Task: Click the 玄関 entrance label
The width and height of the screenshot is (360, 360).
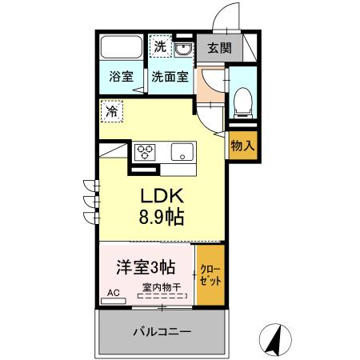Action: pos(219,48)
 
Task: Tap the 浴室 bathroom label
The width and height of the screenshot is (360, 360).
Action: pos(121,78)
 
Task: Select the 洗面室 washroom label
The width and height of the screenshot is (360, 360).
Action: pos(170,78)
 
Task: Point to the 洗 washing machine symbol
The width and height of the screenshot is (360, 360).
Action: pos(161,46)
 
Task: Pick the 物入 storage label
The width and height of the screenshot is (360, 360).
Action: pos(242,146)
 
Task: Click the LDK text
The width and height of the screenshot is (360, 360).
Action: pos(164,196)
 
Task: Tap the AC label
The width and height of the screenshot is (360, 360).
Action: pos(113,293)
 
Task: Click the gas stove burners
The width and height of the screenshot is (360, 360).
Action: pos(146,150)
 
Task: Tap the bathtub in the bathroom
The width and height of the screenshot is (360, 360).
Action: pos(122,48)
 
